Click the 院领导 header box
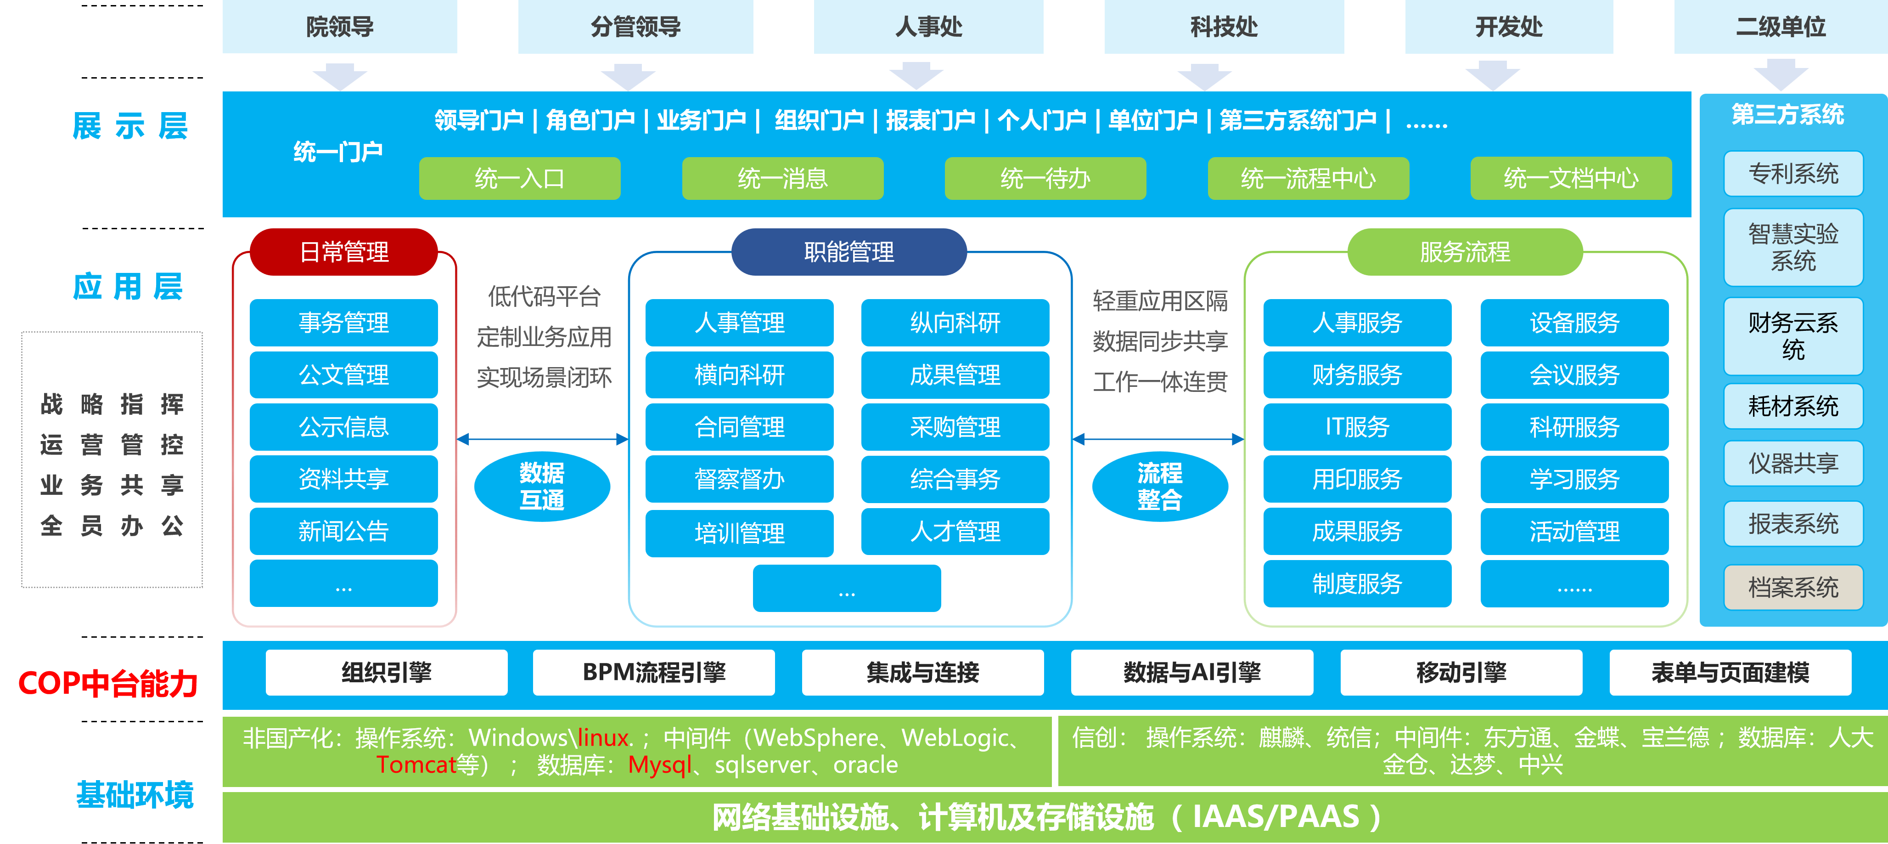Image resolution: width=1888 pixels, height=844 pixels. click(339, 26)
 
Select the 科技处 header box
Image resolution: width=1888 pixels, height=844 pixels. click(1224, 26)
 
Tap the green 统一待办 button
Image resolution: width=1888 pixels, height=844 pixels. click(1045, 178)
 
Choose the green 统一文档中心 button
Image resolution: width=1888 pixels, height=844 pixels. click(1571, 178)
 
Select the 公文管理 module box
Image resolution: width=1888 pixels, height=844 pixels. click(344, 375)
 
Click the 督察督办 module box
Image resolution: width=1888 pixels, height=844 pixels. click(740, 479)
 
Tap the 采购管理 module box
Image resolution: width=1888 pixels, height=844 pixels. click(955, 427)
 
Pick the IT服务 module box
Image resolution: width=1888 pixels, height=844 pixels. click(1357, 427)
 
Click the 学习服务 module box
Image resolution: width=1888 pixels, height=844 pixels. click(1574, 479)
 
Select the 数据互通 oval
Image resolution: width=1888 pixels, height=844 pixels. click(542, 486)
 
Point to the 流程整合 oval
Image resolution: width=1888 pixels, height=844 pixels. click(1159, 486)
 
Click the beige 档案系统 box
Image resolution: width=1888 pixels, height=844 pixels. click(1793, 587)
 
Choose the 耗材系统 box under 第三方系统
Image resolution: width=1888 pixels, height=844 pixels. click(1793, 406)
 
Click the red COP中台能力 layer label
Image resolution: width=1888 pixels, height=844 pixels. click(108, 683)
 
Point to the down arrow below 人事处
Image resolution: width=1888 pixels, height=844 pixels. click(916, 75)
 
